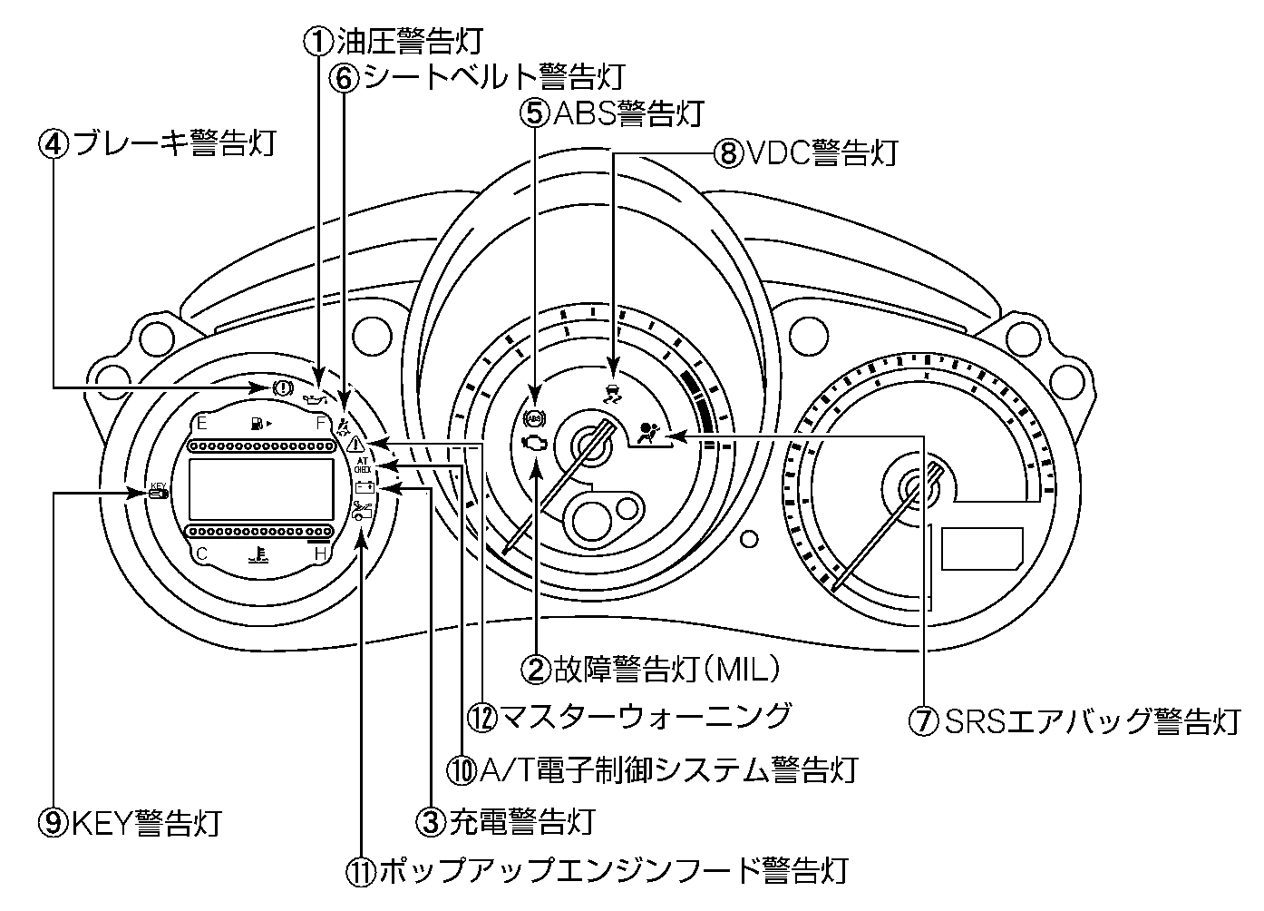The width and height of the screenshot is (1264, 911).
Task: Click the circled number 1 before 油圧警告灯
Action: (318, 40)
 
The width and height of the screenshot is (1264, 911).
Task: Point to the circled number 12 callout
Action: (481, 717)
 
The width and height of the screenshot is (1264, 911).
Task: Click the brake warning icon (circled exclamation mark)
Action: (281, 387)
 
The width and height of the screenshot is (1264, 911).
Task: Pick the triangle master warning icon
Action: (355, 444)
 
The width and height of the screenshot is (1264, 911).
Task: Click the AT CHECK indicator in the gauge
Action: (362, 465)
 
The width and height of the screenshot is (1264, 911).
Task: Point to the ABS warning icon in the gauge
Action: (534, 418)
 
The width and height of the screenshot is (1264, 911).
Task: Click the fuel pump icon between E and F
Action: (258, 423)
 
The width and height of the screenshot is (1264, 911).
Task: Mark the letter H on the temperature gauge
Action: (321, 553)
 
